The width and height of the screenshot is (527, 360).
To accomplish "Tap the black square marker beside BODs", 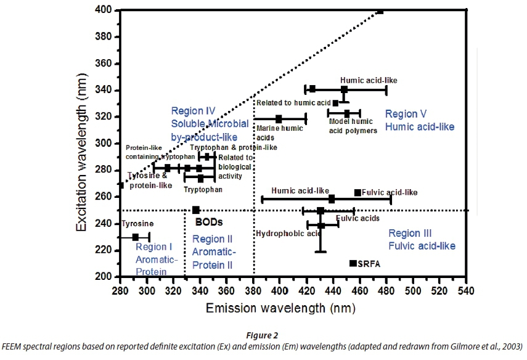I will click(x=196, y=210).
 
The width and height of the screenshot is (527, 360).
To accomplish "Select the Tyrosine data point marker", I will click(x=136, y=237).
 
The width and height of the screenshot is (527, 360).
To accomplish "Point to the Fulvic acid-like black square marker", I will click(x=357, y=193).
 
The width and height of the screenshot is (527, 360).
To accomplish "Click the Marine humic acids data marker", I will click(x=279, y=118).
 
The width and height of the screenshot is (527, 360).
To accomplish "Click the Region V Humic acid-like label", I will click(x=419, y=120).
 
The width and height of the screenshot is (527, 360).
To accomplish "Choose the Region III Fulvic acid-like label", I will click(x=422, y=240).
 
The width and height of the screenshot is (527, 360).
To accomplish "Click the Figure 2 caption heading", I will click(x=263, y=336).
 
